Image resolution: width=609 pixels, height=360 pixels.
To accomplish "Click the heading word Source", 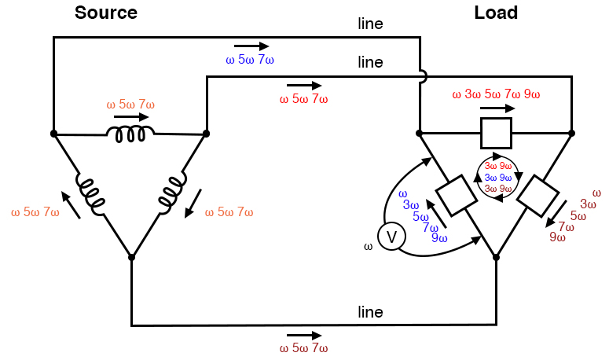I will point(105,13).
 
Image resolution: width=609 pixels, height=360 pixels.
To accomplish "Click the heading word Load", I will point(496,13).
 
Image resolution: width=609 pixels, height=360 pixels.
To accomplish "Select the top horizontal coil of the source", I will point(130,134).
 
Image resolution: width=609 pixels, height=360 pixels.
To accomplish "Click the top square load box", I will point(496,133).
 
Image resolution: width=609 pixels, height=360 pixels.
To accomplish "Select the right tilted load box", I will point(538,197).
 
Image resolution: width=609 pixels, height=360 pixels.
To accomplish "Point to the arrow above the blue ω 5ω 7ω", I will point(251,46).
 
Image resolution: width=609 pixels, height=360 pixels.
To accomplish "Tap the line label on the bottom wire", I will point(370,312).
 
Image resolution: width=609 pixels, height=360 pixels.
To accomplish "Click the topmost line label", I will point(370,24).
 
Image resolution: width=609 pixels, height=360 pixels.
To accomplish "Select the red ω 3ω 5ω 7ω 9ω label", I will point(496,95).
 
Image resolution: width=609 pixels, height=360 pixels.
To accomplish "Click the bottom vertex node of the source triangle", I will point(131,256).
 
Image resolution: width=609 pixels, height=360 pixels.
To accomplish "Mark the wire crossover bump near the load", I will point(422,76).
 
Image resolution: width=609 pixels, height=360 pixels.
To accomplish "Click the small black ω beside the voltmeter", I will point(368,247).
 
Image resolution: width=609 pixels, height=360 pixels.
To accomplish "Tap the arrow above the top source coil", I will point(130,117).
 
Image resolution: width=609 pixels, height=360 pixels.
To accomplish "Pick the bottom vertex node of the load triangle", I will point(496,256).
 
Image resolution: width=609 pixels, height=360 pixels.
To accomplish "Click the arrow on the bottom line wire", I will point(303,334).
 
